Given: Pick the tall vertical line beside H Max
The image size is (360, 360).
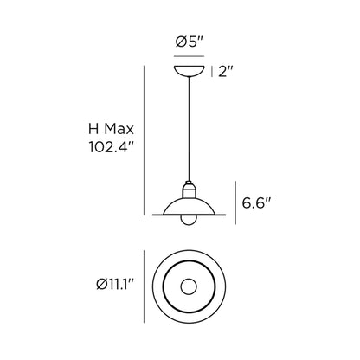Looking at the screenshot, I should (143, 139).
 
